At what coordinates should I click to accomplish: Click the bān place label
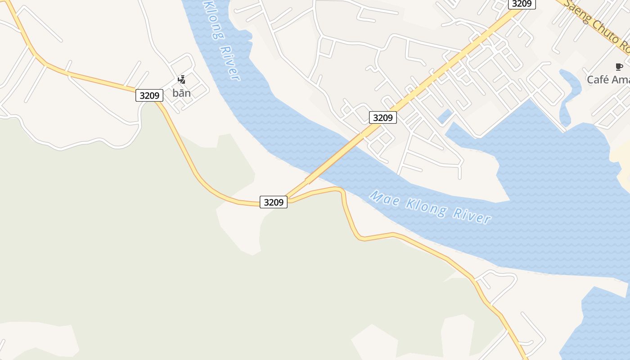[x=181, y=93]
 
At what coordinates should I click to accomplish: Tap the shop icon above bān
[x=181, y=80]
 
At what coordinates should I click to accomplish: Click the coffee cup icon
[x=619, y=67]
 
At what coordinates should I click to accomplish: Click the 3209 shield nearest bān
[x=149, y=95]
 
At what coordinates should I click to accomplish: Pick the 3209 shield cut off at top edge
[x=522, y=4]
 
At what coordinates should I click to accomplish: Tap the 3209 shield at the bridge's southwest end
[x=274, y=202]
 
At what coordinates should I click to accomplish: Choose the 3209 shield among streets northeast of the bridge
[x=383, y=117]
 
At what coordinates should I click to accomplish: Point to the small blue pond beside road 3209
[x=445, y=117]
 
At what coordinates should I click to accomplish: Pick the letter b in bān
[x=175, y=93]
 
